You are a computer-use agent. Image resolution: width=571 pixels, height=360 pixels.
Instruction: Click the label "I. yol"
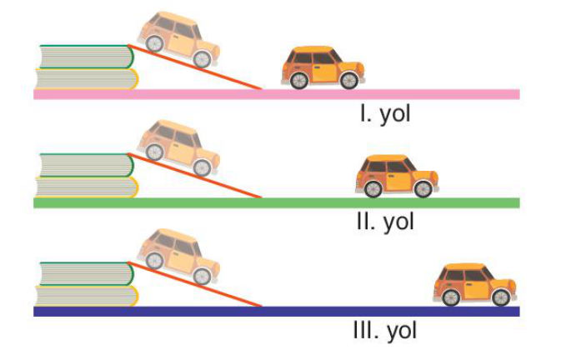[x=385, y=114]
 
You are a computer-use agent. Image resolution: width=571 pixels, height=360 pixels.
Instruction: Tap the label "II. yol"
[x=385, y=222]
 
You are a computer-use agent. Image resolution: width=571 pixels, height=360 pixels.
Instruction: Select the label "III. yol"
[x=385, y=331]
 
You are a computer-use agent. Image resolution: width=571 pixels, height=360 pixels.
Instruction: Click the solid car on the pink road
[x=323, y=67]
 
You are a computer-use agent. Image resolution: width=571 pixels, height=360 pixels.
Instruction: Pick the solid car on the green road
[x=397, y=176]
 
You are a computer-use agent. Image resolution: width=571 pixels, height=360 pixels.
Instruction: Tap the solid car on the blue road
[x=475, y=285]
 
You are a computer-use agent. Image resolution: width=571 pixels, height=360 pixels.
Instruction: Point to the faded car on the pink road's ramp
[x=178, y=40]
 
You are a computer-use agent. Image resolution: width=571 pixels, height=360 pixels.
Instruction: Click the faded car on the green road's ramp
[x=178, y=148]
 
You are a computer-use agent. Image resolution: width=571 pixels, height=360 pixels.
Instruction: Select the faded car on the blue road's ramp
[x=178, y=257]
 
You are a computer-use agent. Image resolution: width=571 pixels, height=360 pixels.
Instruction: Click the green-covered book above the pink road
[x=87, y=57]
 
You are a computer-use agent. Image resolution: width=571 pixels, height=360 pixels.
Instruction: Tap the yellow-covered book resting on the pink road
[x=87, y=79]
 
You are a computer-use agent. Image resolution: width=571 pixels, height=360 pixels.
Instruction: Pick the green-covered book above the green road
[x=87, y=165]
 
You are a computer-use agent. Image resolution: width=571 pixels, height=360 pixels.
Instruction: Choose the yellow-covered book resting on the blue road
[x=87, y=296]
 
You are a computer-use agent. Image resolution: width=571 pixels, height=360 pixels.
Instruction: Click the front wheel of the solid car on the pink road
[x=349, y=81]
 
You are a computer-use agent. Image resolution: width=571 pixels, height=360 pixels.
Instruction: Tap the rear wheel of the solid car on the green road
[x=373, y=189]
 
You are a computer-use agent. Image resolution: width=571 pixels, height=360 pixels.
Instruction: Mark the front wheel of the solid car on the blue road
[x=501, y=297]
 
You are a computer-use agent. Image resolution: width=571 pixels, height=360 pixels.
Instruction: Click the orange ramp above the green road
[x=195, y=176]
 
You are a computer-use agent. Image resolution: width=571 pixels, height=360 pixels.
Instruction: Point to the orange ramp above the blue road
[x=195, y=284]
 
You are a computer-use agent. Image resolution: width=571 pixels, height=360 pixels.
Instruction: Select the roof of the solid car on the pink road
[x=316, y=49]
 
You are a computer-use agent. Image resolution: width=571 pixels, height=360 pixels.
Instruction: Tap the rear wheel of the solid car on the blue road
[x=451, y=297]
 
